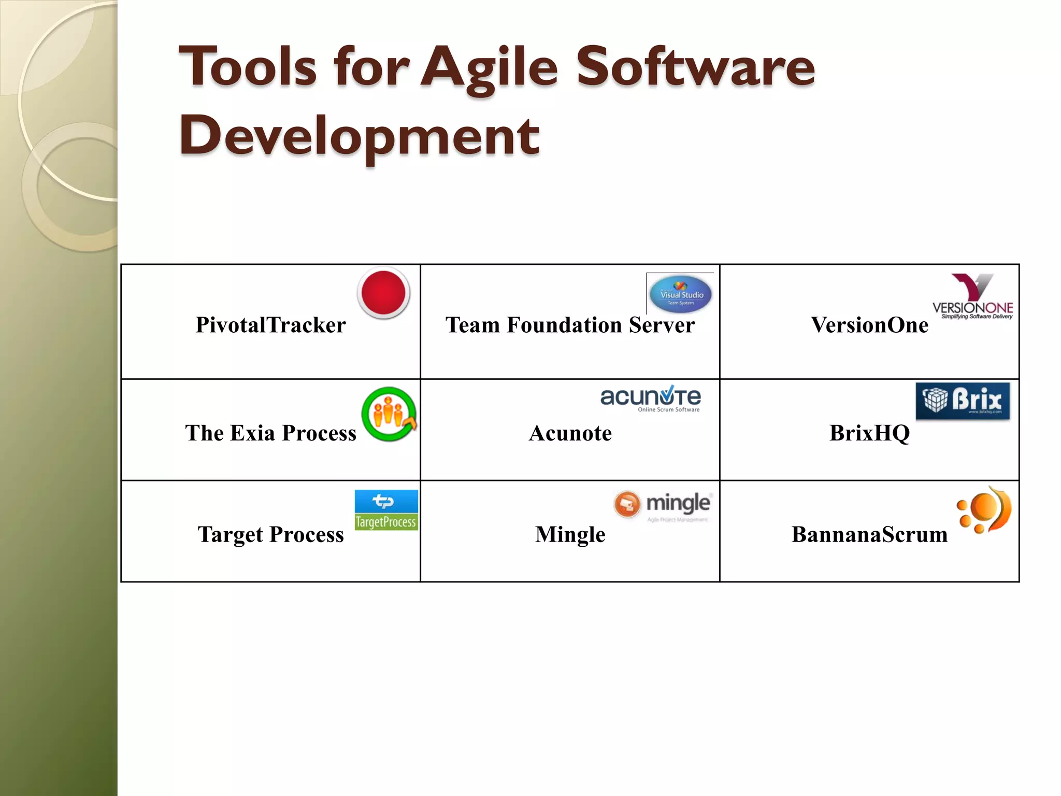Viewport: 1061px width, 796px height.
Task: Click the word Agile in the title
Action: pos(489,67)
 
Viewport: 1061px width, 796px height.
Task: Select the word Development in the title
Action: pos(359,136)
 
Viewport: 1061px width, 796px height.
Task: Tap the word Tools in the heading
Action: pos(247,67)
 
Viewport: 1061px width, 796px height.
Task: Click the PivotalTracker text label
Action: pos(270,325)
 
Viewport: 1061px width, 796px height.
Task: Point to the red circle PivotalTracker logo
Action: pos(383,293)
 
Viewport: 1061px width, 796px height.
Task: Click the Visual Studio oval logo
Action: pos(680,294)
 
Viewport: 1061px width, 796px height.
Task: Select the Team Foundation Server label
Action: pos(570,325)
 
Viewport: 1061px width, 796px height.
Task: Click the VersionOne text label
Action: pos(869,325)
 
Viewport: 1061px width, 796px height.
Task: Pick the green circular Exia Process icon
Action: pos(389,414)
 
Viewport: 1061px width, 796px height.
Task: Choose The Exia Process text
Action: pos(270,433)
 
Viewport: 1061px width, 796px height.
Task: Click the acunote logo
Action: pos(651,399)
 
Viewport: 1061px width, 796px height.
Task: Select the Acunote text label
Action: pos(570,433)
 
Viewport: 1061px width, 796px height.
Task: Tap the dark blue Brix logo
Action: pos(963,401)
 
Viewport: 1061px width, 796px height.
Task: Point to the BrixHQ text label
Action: pos(869,433)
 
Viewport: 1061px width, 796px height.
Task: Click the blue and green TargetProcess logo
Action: pos(386,510)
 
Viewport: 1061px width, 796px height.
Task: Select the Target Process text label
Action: pos(270,535)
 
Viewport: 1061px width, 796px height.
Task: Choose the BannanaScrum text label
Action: pos(869,535)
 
